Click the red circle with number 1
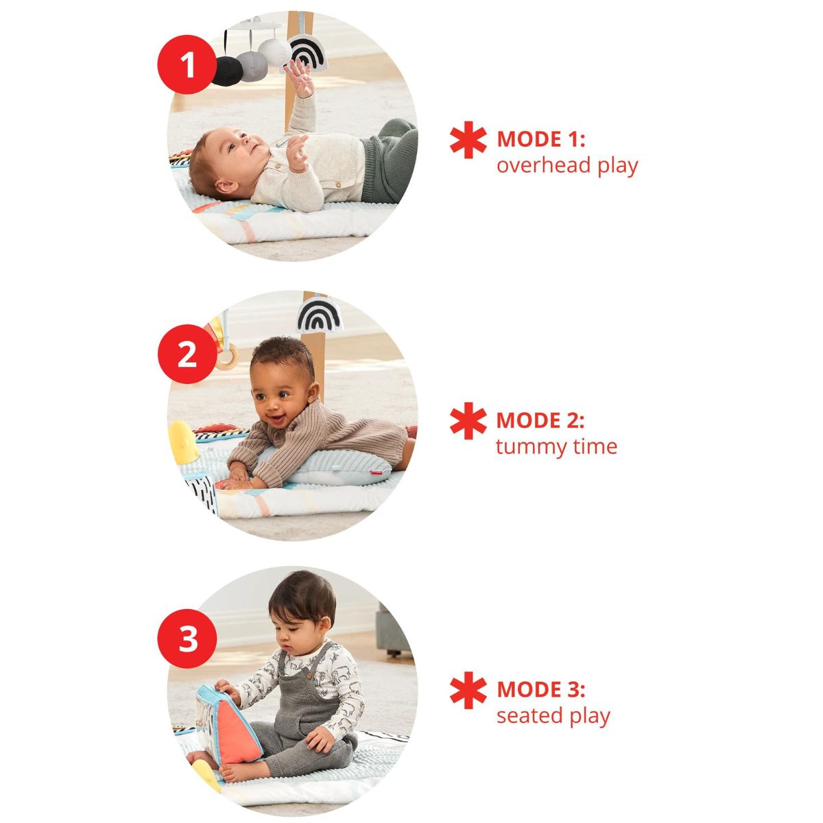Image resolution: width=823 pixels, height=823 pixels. point(187,66)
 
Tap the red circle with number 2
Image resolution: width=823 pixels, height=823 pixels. point(187,355)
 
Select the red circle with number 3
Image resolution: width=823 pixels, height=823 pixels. point(187,639)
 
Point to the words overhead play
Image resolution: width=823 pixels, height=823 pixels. point(566,166)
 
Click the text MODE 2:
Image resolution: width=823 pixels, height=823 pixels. point(540,420)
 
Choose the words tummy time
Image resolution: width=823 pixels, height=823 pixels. point(556,447)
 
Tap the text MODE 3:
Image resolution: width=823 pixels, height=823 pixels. point(540,689)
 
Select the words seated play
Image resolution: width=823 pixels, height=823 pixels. point(553,716)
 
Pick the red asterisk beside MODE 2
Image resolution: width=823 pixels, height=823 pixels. point(468,422)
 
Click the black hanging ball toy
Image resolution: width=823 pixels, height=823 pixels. point(226,71)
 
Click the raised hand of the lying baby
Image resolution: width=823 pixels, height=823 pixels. point(300,75)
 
